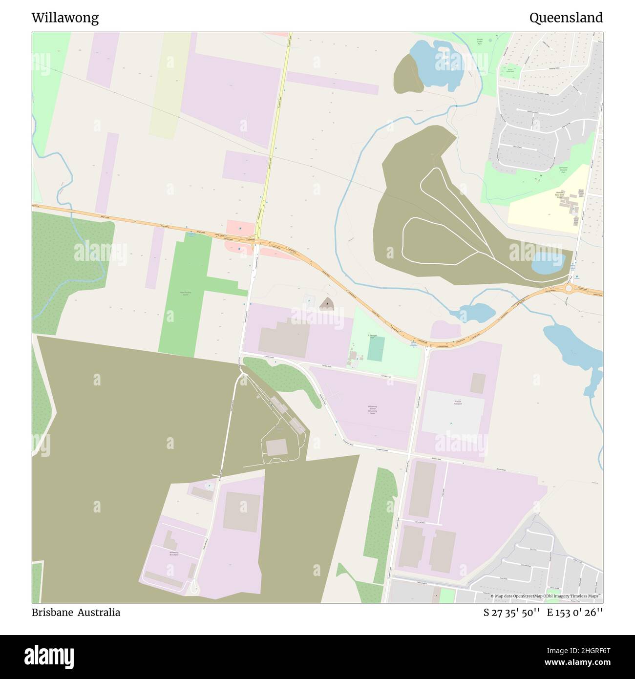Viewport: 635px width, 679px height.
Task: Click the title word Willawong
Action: (x=65, y=18)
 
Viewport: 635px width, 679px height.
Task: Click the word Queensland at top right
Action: (x=566, y=18)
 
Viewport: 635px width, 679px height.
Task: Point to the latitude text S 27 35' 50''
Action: (x=511, y=613)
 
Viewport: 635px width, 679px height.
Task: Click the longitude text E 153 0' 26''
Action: (x=575, y=613)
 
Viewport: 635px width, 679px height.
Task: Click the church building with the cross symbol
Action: (x=326, y=304)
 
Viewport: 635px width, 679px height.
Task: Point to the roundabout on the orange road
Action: (x=569, y=288)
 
